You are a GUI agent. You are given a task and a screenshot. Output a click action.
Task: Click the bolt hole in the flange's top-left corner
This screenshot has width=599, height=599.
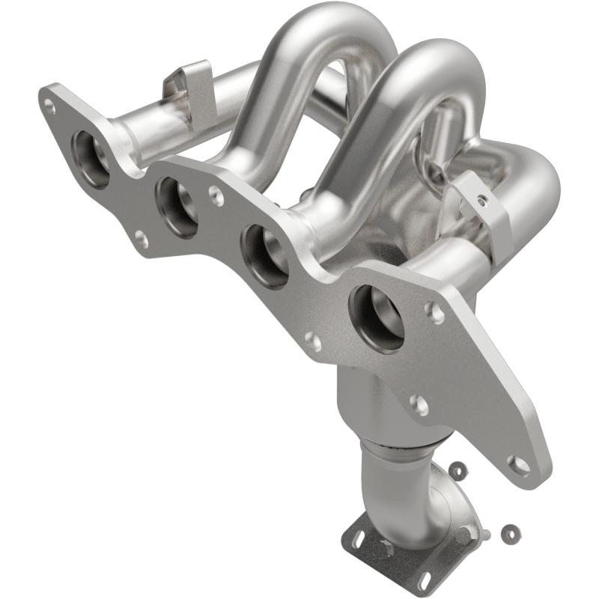tap(49, 106)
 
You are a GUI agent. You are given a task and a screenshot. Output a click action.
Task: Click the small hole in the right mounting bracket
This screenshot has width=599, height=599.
tap(482, 201)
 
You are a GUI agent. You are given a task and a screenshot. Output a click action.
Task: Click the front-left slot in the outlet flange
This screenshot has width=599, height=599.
tap(358, 535)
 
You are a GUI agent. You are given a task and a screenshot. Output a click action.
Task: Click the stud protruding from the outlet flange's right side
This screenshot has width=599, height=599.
tap(479, 534)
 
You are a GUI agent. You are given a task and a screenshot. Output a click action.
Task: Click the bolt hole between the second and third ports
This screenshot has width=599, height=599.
tap(216, 196)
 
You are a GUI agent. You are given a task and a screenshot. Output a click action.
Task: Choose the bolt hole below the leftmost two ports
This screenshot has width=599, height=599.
tap(141, 240)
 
